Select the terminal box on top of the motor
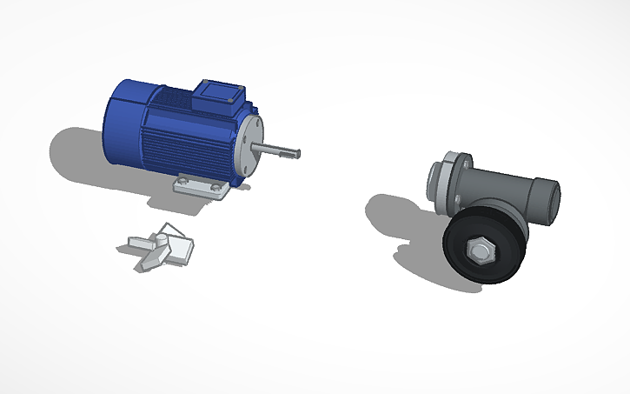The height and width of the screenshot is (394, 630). tap(220, 97)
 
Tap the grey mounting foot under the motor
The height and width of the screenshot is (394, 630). tap(200, 185)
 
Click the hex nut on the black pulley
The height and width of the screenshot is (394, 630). tap(480, 251)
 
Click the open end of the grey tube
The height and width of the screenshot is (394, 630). tap(548, 197)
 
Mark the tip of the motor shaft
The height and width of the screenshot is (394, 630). tap(298, 153)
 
